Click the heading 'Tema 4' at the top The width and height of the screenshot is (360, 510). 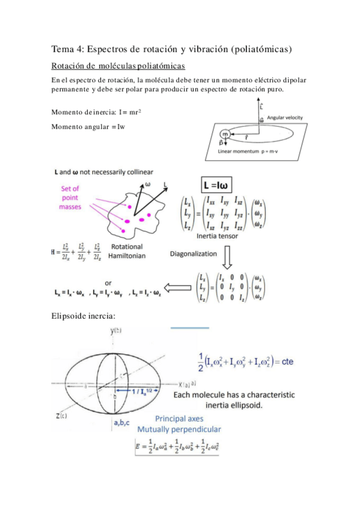point(67,49)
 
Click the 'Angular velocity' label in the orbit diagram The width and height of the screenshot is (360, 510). point(285,118)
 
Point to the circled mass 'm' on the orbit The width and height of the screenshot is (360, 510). point(225,134)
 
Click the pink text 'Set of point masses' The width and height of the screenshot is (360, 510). point(70,197)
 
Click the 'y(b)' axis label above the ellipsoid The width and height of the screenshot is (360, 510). point(116,331)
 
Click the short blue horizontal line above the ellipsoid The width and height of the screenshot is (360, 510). point(189,328)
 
